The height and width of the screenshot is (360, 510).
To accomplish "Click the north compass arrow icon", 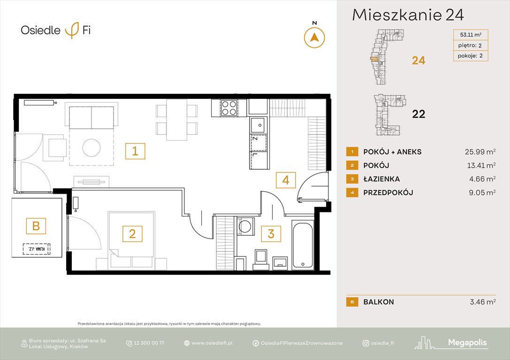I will [x=314, y=37].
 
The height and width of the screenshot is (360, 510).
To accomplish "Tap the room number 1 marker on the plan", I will [x=135, y=151].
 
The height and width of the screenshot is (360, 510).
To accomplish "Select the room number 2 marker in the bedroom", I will [x=132, y=233].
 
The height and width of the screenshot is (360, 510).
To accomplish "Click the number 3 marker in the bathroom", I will [x=271, y=233].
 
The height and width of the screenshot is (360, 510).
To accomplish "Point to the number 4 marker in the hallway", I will [x=286, y=180].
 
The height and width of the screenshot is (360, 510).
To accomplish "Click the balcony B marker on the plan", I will [x=36, y=226].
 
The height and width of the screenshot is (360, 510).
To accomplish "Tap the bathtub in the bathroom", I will [x=303, y=245].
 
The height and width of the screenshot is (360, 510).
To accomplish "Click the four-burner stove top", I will [x=228, y=108].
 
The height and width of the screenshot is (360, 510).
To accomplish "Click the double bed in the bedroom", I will [x=131, y=240].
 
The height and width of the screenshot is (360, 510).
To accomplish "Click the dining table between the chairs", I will [x=177, y=120].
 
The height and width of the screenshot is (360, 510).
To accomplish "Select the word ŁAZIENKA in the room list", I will [x=381, y=179].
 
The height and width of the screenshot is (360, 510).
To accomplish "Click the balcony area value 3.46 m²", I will [x=480, y=302].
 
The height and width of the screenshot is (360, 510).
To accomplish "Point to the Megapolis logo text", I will [x=467, y=343].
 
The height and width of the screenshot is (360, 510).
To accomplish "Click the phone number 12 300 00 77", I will [x=149, y=343].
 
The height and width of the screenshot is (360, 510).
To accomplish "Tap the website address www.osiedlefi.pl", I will [x=212, y=343].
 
